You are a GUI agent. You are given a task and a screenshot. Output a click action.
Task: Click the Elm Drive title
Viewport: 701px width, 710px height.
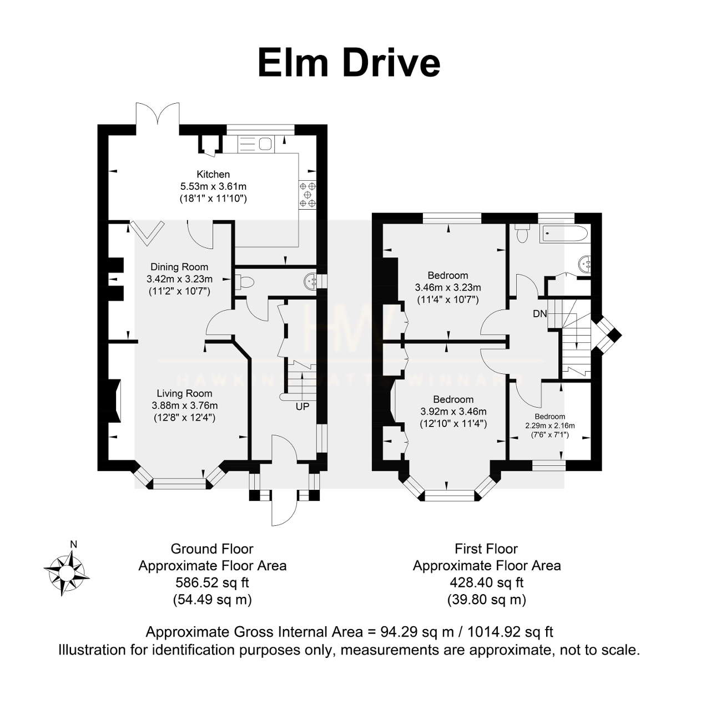pos(349,62)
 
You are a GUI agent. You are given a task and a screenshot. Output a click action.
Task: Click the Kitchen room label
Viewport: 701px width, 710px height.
pos(213,174)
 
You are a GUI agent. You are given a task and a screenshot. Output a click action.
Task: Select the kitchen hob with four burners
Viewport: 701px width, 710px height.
pos(307,195)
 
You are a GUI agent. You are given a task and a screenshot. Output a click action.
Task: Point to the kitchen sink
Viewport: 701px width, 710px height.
pos(256,144)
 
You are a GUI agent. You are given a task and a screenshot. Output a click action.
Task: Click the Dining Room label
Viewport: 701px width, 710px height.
pos(179,267)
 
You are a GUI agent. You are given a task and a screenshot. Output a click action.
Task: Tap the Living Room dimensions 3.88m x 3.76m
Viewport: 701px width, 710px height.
pos(184,405)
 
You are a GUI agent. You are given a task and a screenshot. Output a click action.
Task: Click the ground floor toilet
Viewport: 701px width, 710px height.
pos(244,282)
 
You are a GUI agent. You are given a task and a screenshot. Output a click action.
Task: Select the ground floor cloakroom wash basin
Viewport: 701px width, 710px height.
pos(310,282)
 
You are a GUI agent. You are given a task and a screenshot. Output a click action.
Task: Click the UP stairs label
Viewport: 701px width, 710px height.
pos(302,407)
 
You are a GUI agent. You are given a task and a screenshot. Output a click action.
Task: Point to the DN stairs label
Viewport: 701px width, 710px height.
pos(539,314)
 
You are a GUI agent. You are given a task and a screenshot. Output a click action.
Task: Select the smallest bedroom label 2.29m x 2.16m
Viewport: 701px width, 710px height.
pos(549,425)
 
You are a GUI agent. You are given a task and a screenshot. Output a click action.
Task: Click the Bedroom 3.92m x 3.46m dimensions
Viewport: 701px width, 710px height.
pos(453,412)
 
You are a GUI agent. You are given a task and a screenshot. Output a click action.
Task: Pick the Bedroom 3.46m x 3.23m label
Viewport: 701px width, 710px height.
pos(447,287)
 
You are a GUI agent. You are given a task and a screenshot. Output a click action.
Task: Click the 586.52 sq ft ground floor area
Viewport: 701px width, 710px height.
pos(212,582)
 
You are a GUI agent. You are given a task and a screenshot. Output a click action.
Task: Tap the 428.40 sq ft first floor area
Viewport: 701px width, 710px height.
pos(486,582)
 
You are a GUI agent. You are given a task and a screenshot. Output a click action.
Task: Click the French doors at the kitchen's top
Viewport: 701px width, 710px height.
pos(158,118)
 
